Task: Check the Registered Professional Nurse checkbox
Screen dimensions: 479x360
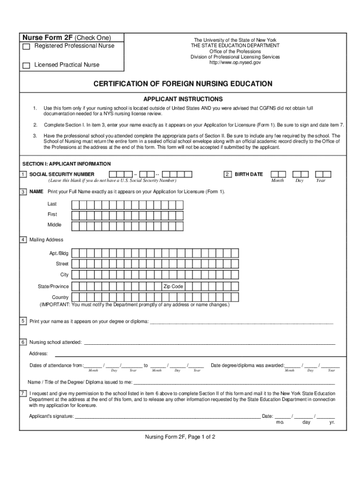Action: pyautogui.click(x=27, y=47)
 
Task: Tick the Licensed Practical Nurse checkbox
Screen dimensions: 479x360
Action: pyautogui.click(x=27, y=65)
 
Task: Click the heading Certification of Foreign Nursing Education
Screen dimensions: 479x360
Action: pyautogui.click(x=183, y=84)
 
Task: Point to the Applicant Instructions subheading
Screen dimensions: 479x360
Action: pyautogui.click(x=183, y=99)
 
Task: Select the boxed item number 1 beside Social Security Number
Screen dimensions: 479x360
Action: pyautogui.click(x=23, y=174)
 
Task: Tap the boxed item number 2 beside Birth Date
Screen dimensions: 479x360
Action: pyautogui.click(x=228, y=174)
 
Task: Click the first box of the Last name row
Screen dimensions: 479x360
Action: pyautogui.click(x=75, y=204)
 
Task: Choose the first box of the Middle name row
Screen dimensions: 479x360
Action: pyautogui.click(x=75, y=225)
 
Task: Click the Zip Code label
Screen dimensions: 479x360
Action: pyautogui.click(x=173, y=286)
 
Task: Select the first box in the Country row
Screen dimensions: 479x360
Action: pyautogui.click(x=75, y=298)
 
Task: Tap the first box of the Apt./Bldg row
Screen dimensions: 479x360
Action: pyautogui.click(x=75, y=253)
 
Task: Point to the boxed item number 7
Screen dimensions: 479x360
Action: pyautogui.click(x=23, y=393)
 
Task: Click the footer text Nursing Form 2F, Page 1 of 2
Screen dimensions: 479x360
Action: pyautogui.click(x=180, y=437)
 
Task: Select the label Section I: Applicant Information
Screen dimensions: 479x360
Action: pyautogui.click(x=67, y=164)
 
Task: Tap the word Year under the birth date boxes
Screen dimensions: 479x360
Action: pyautogui.click(x=320, y=181)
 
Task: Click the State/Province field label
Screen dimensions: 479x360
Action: pyautogui.click(x=53, y=286)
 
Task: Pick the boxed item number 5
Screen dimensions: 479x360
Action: pyautogui.click(x=23, y=321)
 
